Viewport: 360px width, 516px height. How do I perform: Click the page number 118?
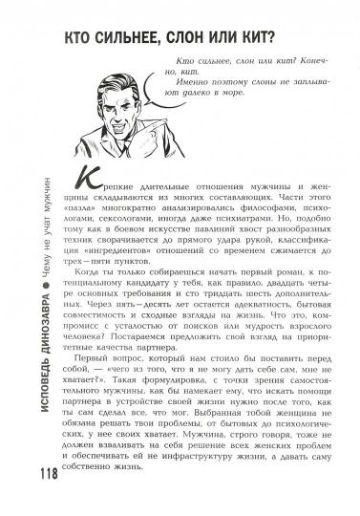coord(22,473)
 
